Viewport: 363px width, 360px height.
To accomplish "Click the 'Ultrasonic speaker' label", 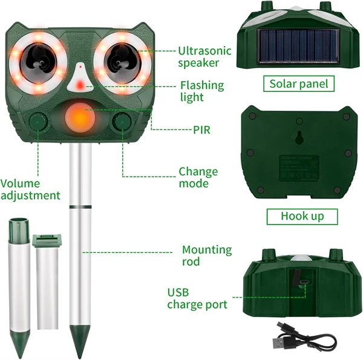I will (204, 56).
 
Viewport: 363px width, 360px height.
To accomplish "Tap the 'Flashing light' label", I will (201, 91).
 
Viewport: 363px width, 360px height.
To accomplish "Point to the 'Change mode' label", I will (198, 177).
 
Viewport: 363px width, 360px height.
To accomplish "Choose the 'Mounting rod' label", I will (206, 255).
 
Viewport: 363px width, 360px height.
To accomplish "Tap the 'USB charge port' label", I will (197, 298).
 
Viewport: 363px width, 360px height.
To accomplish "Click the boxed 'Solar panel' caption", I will (299, 83).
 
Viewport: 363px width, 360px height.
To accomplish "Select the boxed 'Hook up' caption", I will (302, 216).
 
